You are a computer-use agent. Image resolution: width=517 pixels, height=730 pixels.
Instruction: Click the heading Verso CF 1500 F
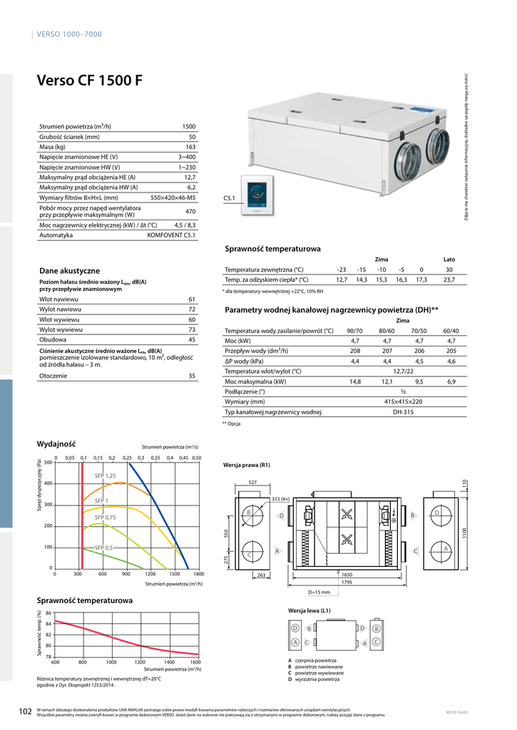[x=89, y=80]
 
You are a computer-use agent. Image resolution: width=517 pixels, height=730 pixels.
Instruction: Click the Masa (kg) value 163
[x=190, y=146]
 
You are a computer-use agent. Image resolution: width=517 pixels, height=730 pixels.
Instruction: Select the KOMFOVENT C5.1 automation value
[x=171, y=235]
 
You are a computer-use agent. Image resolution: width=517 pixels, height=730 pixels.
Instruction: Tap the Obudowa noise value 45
[x=191, y=340]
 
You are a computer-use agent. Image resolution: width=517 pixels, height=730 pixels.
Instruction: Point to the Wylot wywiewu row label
[x=61, y=330]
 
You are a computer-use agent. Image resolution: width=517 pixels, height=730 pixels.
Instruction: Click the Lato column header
[x=449, y=259]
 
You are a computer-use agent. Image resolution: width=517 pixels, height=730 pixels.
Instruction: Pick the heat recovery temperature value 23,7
[x=449, y=280]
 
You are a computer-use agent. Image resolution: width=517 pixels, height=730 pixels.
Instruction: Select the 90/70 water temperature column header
[x=354, y=331]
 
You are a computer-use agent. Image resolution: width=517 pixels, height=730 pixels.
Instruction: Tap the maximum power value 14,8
[x=354, y=382]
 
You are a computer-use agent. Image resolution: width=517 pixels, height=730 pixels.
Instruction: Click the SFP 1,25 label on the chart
[x=106, y=475]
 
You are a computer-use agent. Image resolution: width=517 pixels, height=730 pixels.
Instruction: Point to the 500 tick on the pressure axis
[x=48, y=463]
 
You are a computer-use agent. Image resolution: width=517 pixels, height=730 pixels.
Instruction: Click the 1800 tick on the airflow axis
[x=198, y=573]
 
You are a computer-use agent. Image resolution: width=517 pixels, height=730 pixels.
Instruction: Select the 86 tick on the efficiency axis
[x=48, y=613]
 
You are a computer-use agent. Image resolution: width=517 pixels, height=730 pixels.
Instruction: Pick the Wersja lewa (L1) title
[x=309, y=611]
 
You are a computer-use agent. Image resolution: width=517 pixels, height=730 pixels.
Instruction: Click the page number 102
[x=25, y=711]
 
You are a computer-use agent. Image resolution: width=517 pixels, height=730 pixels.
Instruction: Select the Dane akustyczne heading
[x=69, y=271]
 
